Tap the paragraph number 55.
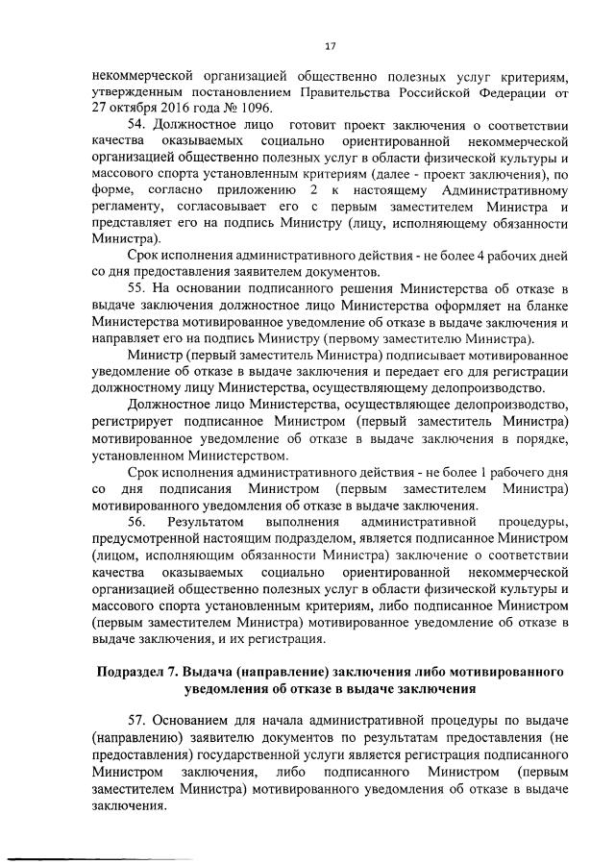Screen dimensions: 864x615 click(138, 288)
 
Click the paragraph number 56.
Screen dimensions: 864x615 click(138, 521)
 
